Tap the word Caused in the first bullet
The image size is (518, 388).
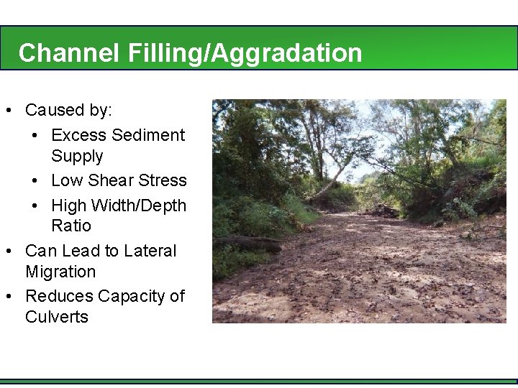[55, 111]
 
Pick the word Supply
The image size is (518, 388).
[77, 156]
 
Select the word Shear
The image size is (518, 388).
[117, 180]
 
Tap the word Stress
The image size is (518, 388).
[163, 180]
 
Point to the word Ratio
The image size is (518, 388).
[71, 226]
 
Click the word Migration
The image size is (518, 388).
[60, 272]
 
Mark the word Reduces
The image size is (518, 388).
[55, 296]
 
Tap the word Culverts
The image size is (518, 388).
[57, 317]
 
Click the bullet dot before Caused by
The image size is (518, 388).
[7, 111]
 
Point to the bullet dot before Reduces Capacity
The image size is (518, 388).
[7, 297]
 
